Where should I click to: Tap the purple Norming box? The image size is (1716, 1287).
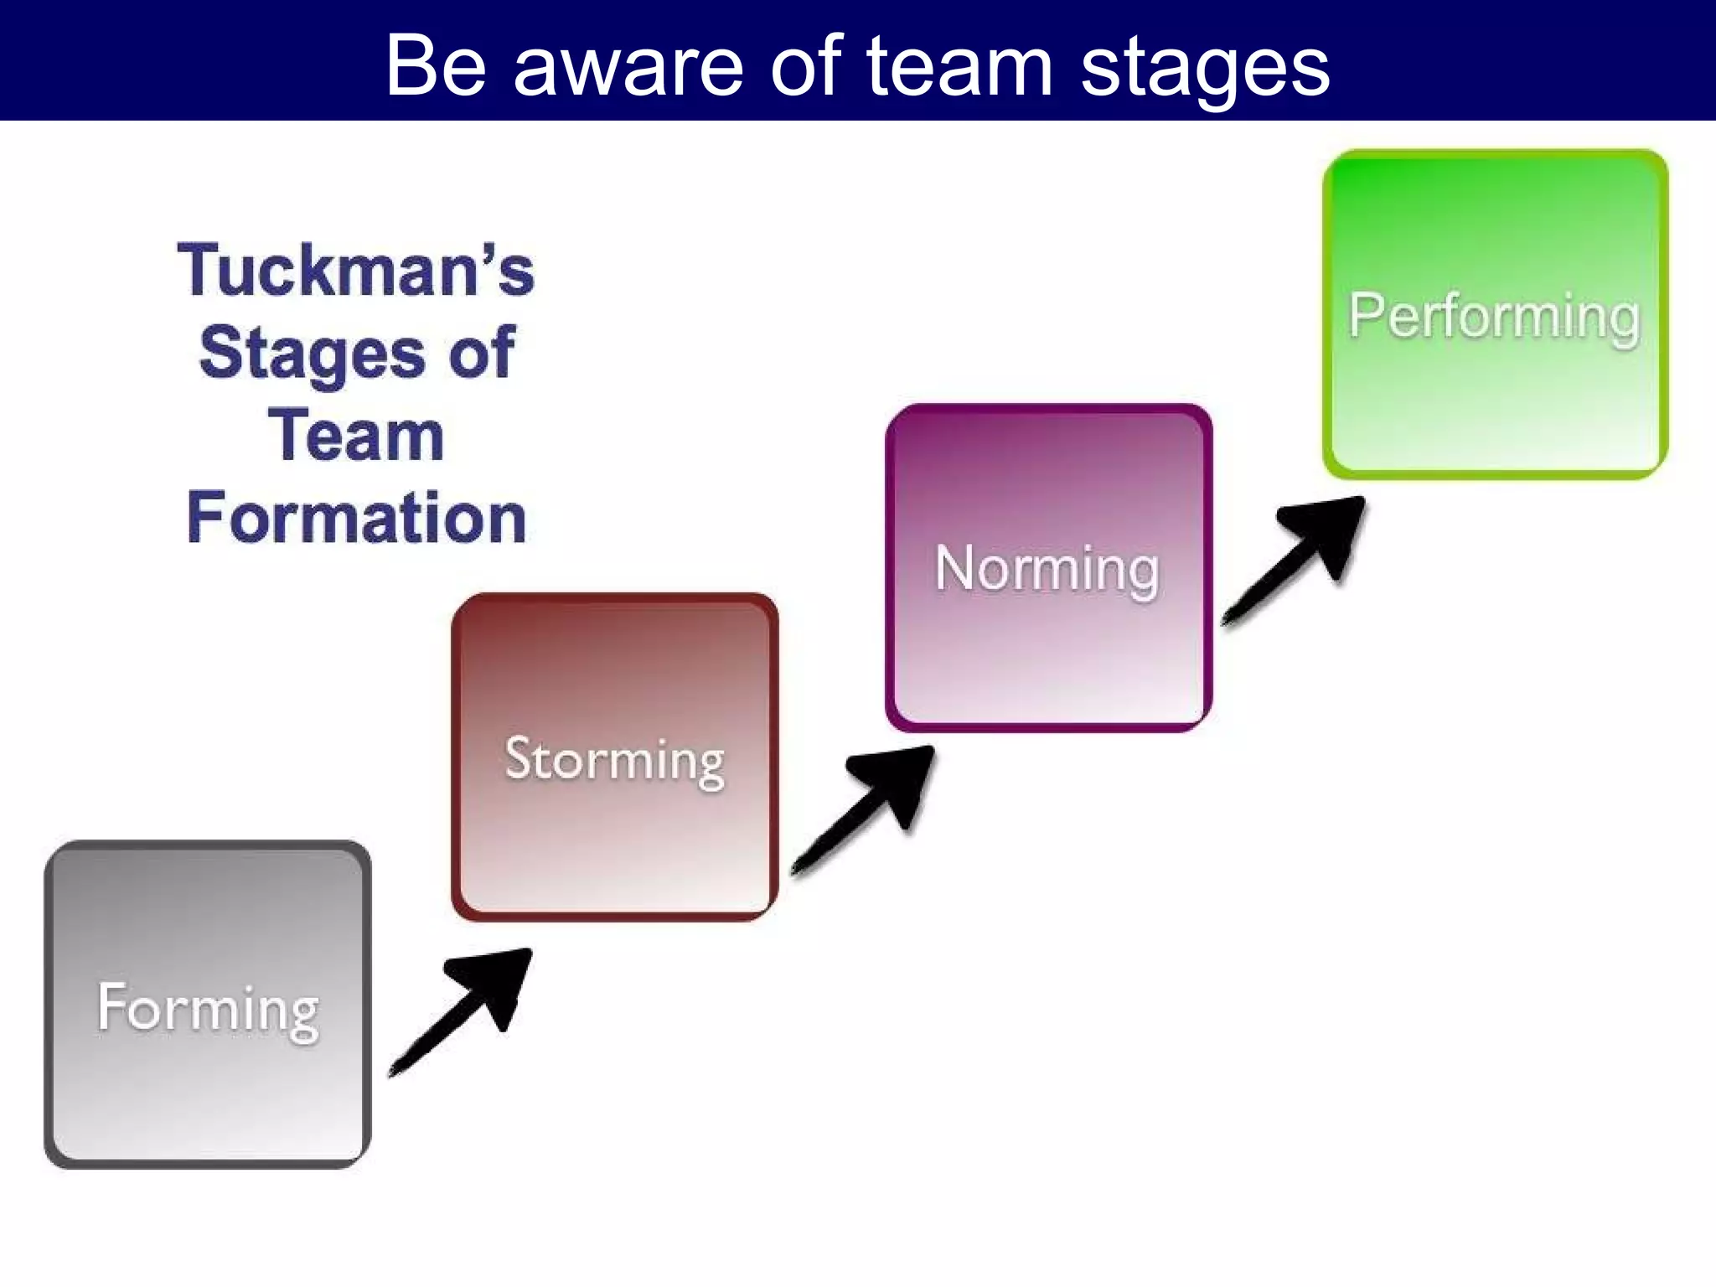tap(1048, 654)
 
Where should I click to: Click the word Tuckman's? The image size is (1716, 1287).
tap(356, 270)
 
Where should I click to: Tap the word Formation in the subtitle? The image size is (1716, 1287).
tap(357, 518)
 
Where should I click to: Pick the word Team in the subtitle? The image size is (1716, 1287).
tap(356, 436)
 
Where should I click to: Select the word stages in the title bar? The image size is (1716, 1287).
tap(1204, 67)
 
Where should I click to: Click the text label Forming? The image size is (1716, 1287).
tap(208, 1009)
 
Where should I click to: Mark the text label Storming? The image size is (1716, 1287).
tap(614, 761)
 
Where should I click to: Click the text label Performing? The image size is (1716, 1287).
tap(1494, 317)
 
